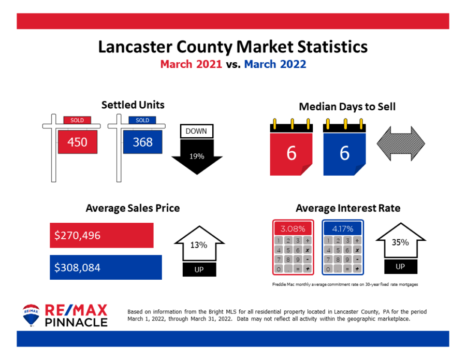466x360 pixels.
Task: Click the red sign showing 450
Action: point(77,142)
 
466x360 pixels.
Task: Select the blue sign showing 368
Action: point(142,142)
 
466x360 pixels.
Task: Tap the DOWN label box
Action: point(196,131)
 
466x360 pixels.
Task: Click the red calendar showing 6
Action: point(292,153)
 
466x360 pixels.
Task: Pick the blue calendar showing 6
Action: point(344,153)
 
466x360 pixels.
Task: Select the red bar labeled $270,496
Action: point(101,235)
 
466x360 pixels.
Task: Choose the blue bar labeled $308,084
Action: point(106,267)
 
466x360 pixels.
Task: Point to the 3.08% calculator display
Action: point(293,228)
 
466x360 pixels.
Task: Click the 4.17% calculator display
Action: point(342,228)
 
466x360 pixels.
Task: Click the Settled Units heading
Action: point(133,105)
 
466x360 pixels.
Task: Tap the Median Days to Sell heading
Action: point(347,107)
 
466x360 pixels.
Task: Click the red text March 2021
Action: point(191,65)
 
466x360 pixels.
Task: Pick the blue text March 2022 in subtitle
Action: point(275,65)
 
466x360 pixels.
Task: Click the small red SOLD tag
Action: point(77,120)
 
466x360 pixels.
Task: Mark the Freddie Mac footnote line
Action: point(345,284)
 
